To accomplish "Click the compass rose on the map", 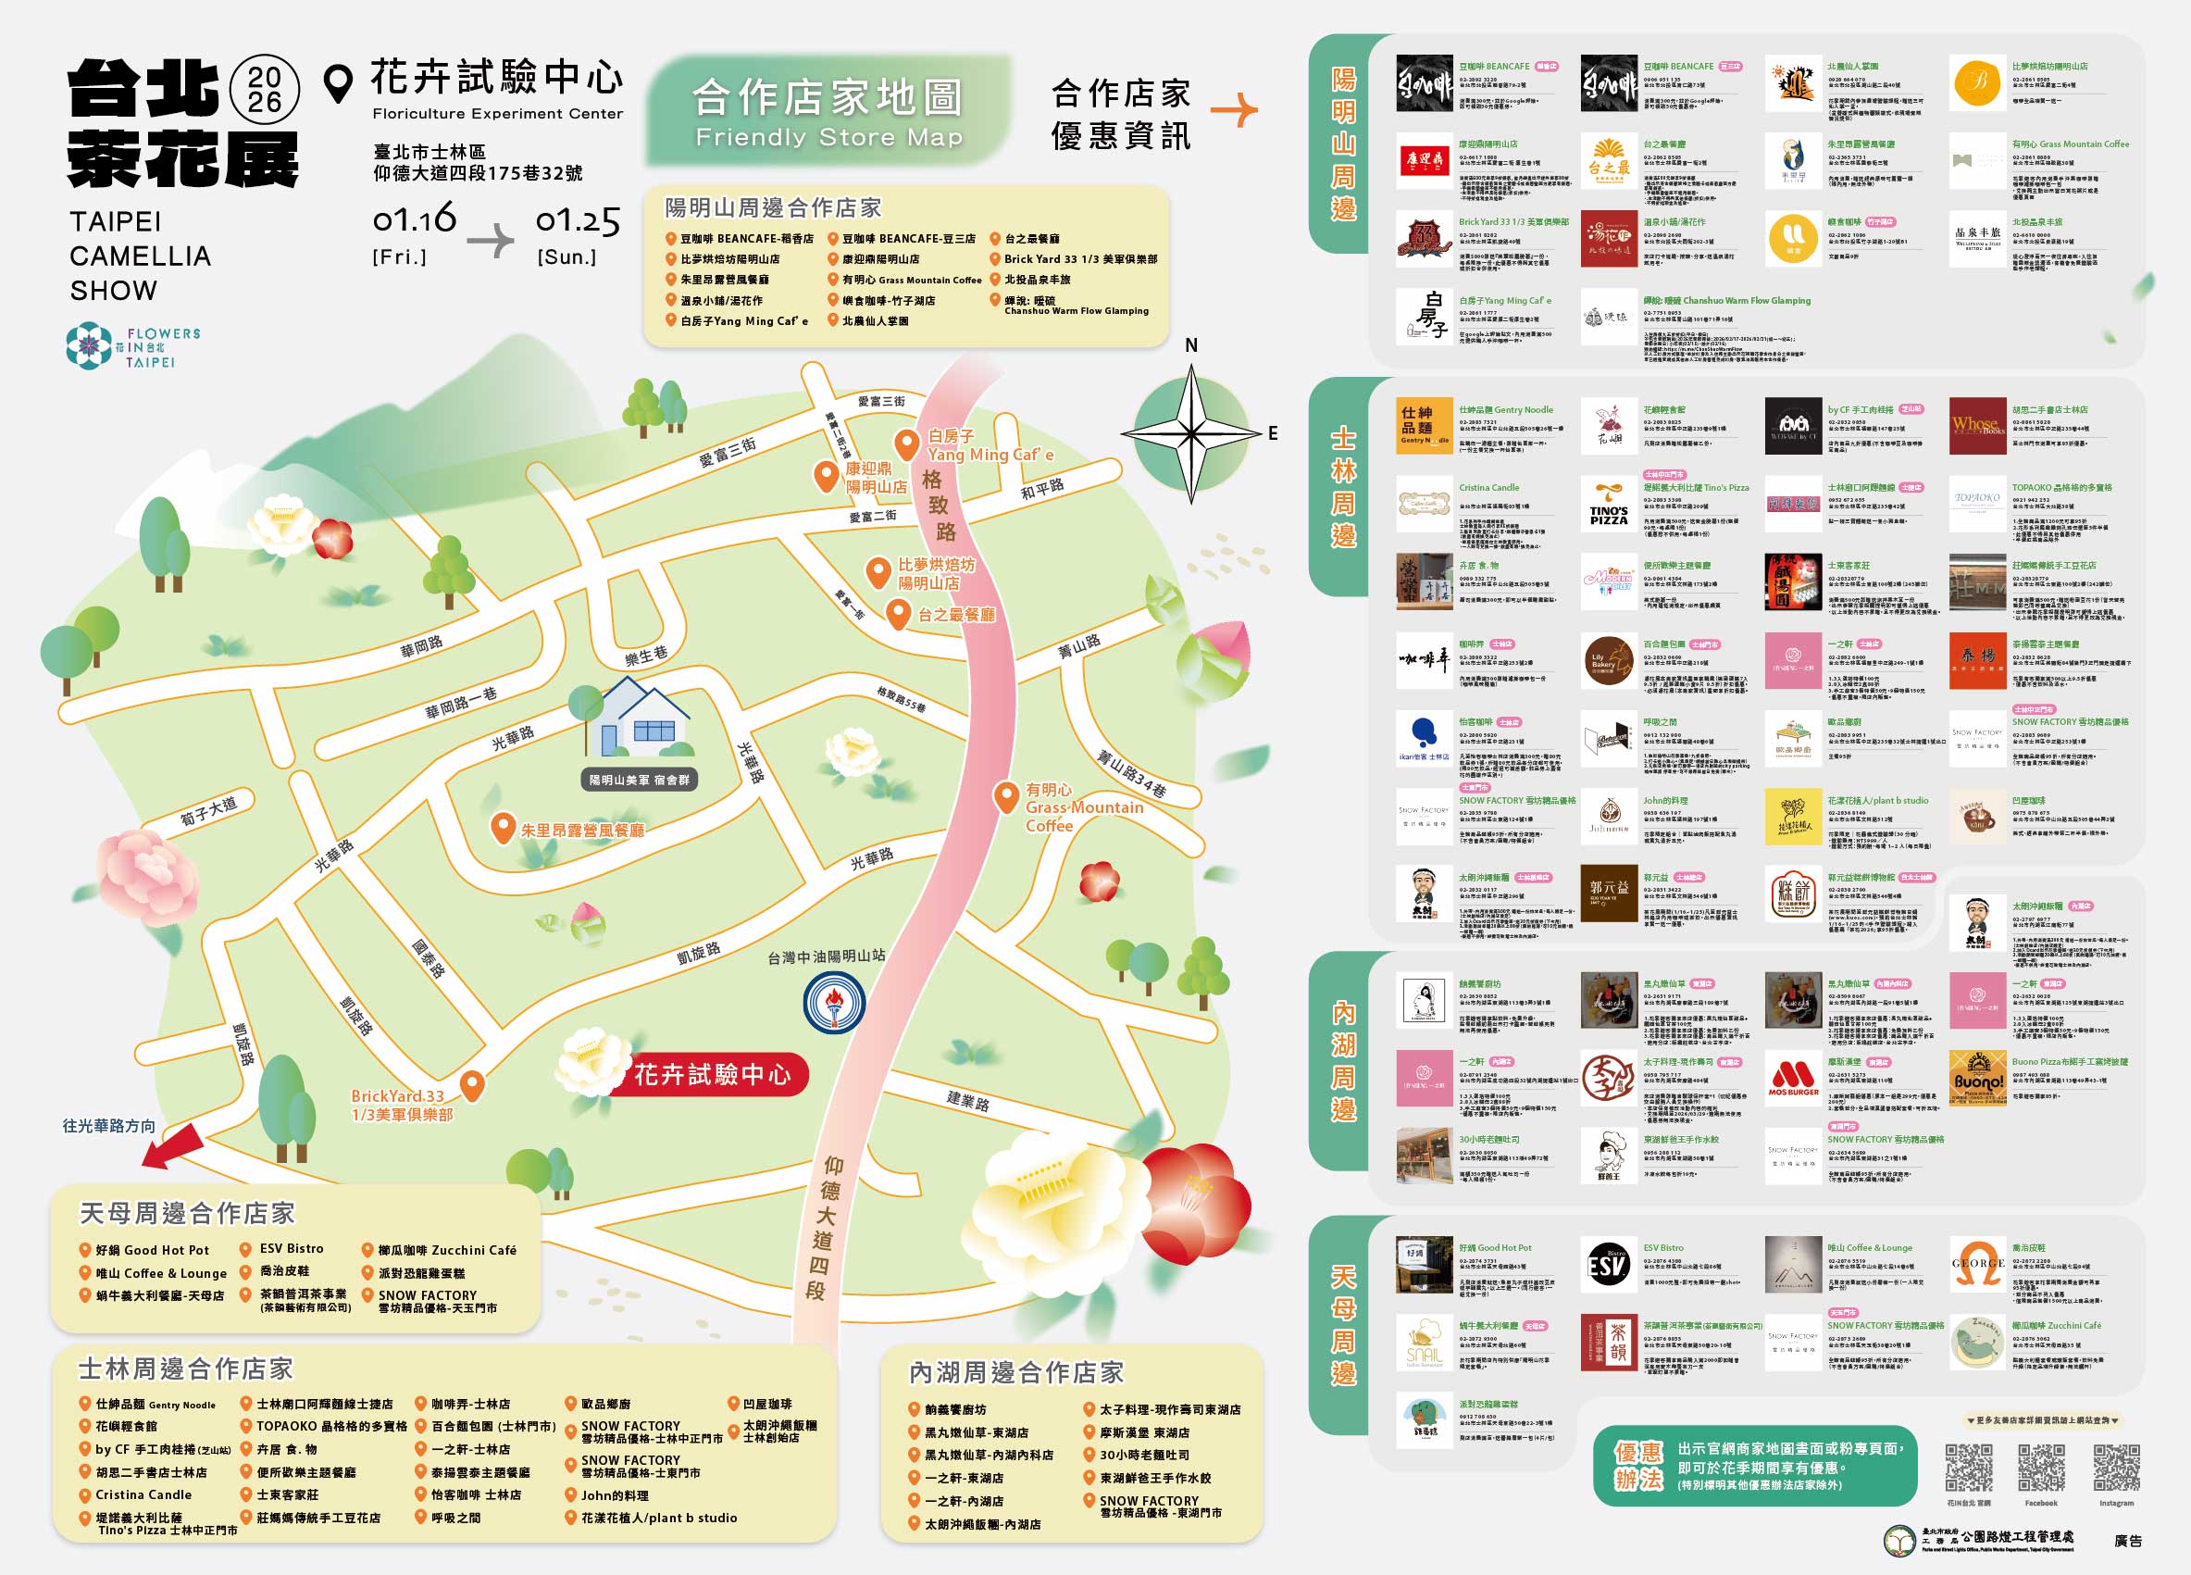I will (1192, 434).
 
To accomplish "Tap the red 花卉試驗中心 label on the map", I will (712, 1074).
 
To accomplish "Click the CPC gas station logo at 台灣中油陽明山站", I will (835, 1003).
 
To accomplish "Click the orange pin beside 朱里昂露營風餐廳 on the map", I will (503, 828).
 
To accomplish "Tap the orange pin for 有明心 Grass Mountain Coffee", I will (1006, 797).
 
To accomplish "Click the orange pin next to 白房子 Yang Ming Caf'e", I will (906, 444).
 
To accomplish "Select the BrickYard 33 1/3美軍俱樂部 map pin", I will (471, 1085).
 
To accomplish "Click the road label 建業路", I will (967, 1101).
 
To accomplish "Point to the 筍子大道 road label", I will (207, 811).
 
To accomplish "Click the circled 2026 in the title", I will (265, 90).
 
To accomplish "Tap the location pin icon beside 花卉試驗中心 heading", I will (337, 84).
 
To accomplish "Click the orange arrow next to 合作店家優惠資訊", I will (1234, 110).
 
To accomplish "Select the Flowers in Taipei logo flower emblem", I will (89, 346).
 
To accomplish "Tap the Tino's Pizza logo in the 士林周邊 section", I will (1609, 504).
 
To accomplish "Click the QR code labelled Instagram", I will (2116, 1468).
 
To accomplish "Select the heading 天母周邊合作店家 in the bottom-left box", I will (186, 1213).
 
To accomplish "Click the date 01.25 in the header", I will (578, 220).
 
